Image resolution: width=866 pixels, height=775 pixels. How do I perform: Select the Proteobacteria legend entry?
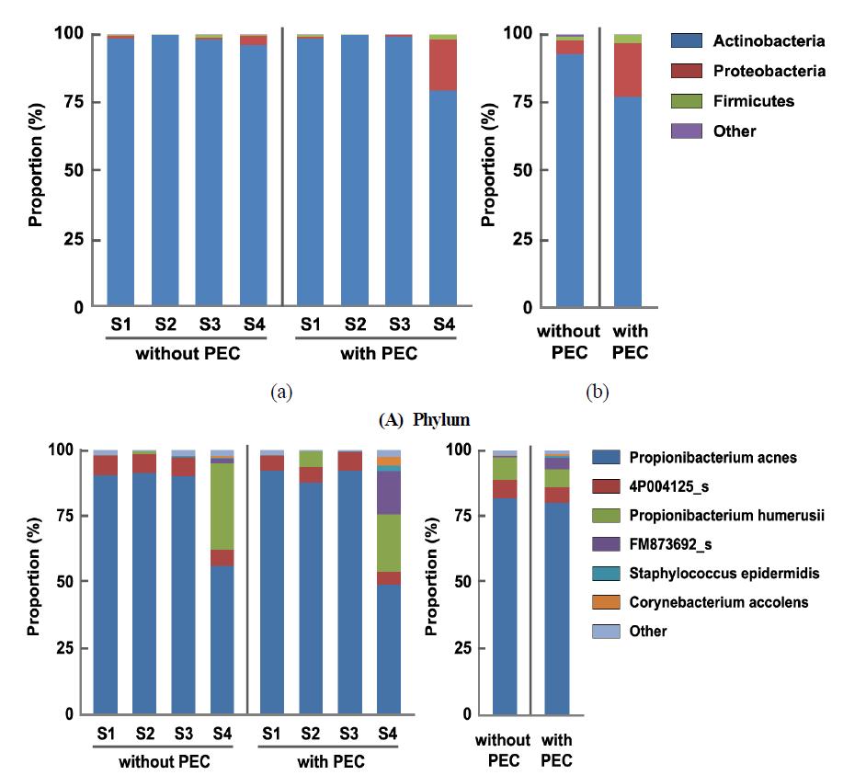click(769, 71)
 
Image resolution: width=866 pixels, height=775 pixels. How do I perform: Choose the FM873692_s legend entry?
click(687, 545)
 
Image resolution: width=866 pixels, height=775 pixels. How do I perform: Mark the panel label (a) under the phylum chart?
click(280, 392)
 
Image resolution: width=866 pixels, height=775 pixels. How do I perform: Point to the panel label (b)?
click(598, 392)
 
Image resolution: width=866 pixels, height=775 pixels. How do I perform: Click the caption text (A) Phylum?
click(424, 420)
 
